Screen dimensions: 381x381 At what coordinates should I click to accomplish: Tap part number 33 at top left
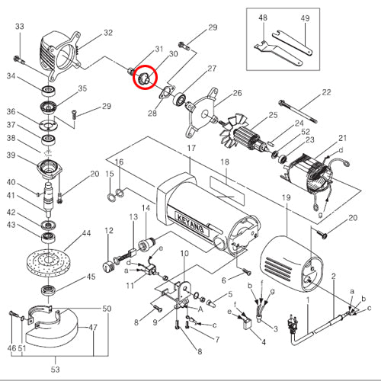pyautogui.click(x=20, y=27)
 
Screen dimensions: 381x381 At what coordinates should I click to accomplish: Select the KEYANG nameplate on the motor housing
pyautogui.click(x=190, y=223)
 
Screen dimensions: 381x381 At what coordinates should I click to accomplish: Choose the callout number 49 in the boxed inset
pyautogui.click(x=305, y=18)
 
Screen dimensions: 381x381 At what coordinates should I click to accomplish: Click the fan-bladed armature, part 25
pyautogui.click(x=243, y=135)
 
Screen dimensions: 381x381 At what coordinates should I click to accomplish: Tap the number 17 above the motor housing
pyautogui.click(x=191, y=148)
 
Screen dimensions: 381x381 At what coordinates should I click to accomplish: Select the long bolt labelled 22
pyautogui.click(x=298, y=111)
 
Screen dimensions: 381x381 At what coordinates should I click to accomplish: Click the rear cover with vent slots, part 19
pyautogui.click(x=291, y=264)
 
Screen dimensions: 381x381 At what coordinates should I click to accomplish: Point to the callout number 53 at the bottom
pyautogui.click(x=56, y=370)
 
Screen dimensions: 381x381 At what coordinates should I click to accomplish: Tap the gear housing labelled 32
pyautogui.click(x=60, y=54)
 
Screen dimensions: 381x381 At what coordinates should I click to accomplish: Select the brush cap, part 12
pyautogui.click(x=109, y=266)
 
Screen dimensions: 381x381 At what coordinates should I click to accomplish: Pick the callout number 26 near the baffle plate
pyautogui.click(x=237, y=93)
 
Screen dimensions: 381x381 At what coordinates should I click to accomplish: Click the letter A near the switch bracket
pyautogui.click(x=200, y=309)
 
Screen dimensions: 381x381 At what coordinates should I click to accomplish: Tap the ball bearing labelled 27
pyautogui.click(x=180, y=100)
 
